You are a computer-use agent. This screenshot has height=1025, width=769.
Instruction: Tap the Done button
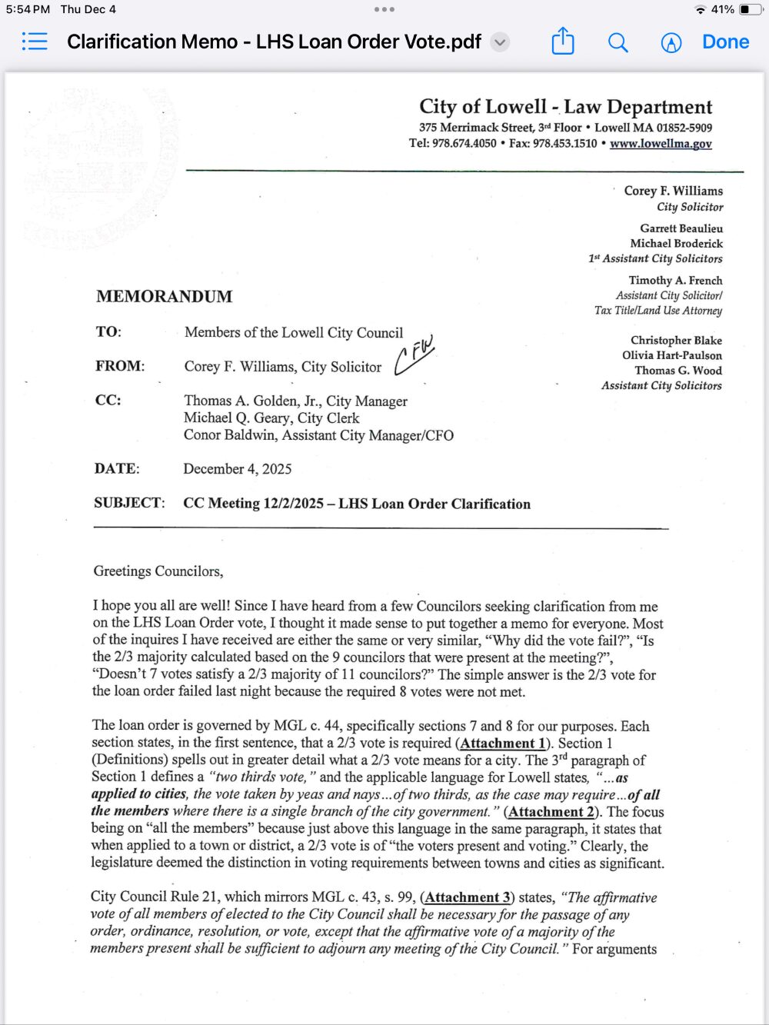pos(725,42)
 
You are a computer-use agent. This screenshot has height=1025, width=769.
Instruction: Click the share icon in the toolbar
pos(563,42)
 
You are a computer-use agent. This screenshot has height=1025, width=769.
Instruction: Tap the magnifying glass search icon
pos(618,42)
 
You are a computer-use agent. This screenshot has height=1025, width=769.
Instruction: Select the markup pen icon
pos(671,43)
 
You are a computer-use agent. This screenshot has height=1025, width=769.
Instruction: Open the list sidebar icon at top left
pos(35,42)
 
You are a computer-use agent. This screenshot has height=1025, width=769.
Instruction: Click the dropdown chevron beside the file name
pos(500,42)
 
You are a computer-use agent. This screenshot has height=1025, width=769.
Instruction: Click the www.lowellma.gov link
pos(661,144)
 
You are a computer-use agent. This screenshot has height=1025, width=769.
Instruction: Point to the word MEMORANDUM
pos(164,297)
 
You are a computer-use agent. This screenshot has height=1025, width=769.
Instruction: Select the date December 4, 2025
pos(237,469)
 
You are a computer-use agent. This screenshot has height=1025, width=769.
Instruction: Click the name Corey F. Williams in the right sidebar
pos(673,191)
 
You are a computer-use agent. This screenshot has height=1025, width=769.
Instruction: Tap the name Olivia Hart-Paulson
pos(672,355)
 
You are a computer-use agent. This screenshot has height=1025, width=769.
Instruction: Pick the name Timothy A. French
pos(675,281)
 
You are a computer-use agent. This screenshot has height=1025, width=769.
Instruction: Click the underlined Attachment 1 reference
pos(503,744)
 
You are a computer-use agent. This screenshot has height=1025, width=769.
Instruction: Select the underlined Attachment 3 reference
pos(468,897)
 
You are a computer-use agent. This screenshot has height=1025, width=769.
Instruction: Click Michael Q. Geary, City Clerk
pos(271,418)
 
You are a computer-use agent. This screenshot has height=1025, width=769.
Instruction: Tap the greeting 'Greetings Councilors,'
pos(158,571)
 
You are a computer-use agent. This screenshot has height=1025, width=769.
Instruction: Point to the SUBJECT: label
pos(129,503)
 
